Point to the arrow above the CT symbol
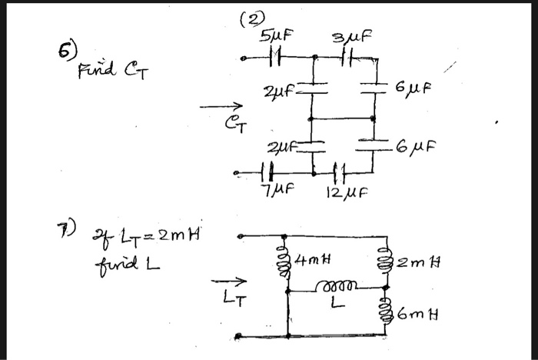(x=227, y=108)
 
